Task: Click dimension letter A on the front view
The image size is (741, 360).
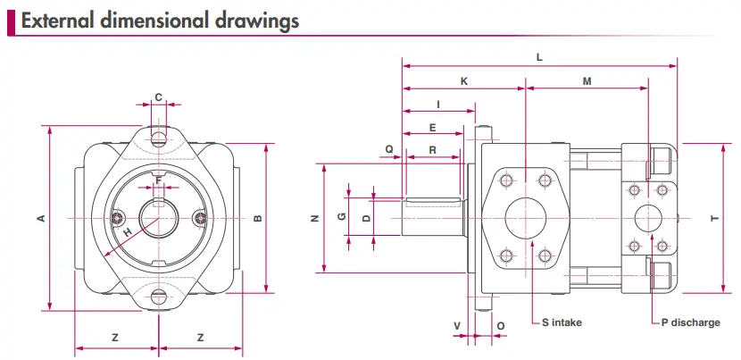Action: [41, 218]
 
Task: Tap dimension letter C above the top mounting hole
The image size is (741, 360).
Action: [159, 97]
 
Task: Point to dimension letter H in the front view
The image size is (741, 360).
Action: [128, 231]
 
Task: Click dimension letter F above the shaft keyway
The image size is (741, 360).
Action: [159, 180]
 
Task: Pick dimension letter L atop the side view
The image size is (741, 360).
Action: [539, 56]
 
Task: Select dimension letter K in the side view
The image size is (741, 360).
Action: [464, 81]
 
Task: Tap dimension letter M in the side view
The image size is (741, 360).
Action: [587, 81]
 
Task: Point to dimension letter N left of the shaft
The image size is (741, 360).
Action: [313, 218]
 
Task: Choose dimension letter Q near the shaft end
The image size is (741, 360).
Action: [389, 149]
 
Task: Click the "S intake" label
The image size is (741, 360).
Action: [562, 322]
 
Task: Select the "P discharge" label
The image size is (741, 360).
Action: [690, 322]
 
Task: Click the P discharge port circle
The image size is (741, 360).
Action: [648, 218]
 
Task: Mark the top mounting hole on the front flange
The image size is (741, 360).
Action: [159, 138]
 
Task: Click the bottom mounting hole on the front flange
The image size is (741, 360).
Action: [159, 298]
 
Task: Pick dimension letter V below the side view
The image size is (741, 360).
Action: [457, 325]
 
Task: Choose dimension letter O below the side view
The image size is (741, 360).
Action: [500, 325]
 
